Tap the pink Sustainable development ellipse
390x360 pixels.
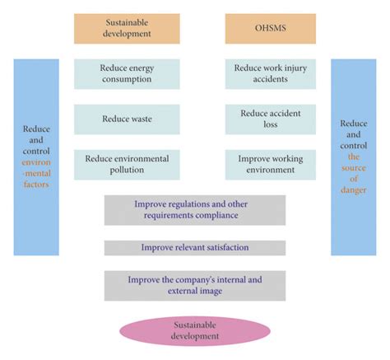[195, 331]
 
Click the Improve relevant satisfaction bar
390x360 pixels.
[195, 247]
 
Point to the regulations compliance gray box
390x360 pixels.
[195, 209]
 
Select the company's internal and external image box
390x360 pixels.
[195, 285]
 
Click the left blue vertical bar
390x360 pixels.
[36, 157]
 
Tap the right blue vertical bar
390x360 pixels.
[353, 157]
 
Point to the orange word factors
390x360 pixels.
[36, 185]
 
